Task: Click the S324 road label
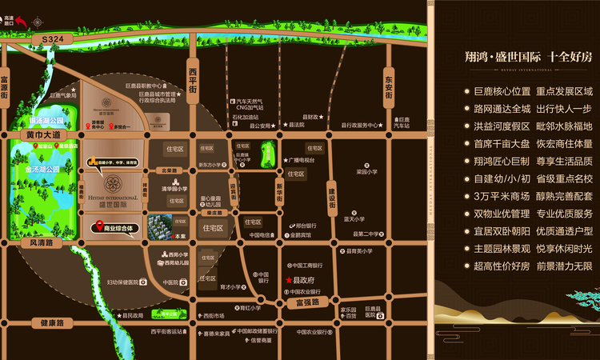tap(54, 38)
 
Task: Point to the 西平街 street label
tap(192, 81)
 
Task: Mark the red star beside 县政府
tap(289, 280)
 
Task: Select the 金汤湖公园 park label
tap(42, 170)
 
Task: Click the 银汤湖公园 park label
tap(46, 122)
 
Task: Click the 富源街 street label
tap(6, 88)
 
